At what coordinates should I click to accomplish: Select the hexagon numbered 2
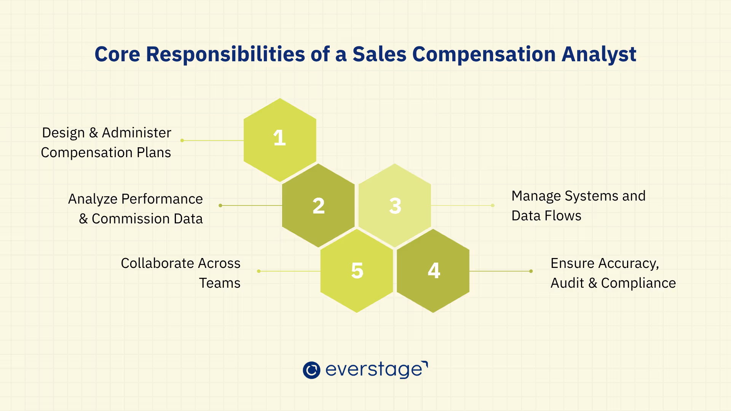click(318, 205)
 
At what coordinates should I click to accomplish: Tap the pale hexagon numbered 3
click(395, 205)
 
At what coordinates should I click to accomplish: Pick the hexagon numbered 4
click(433, 271)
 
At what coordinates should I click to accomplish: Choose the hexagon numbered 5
click(357, 271)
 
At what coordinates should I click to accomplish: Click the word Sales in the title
click(379, 54)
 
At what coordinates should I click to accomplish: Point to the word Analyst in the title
click(599, 54)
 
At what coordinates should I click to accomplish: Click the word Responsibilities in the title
click(225, 54)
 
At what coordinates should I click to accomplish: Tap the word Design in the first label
click(63, 133)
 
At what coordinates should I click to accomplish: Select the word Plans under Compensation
click(154, 153)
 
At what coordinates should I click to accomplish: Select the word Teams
click(220, 283)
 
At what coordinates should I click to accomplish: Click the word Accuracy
click(628, 263)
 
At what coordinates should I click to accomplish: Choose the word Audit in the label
click(567, 283)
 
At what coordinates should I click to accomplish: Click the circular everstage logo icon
click(311, 370)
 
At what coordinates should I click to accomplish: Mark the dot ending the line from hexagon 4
click(531, 271)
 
